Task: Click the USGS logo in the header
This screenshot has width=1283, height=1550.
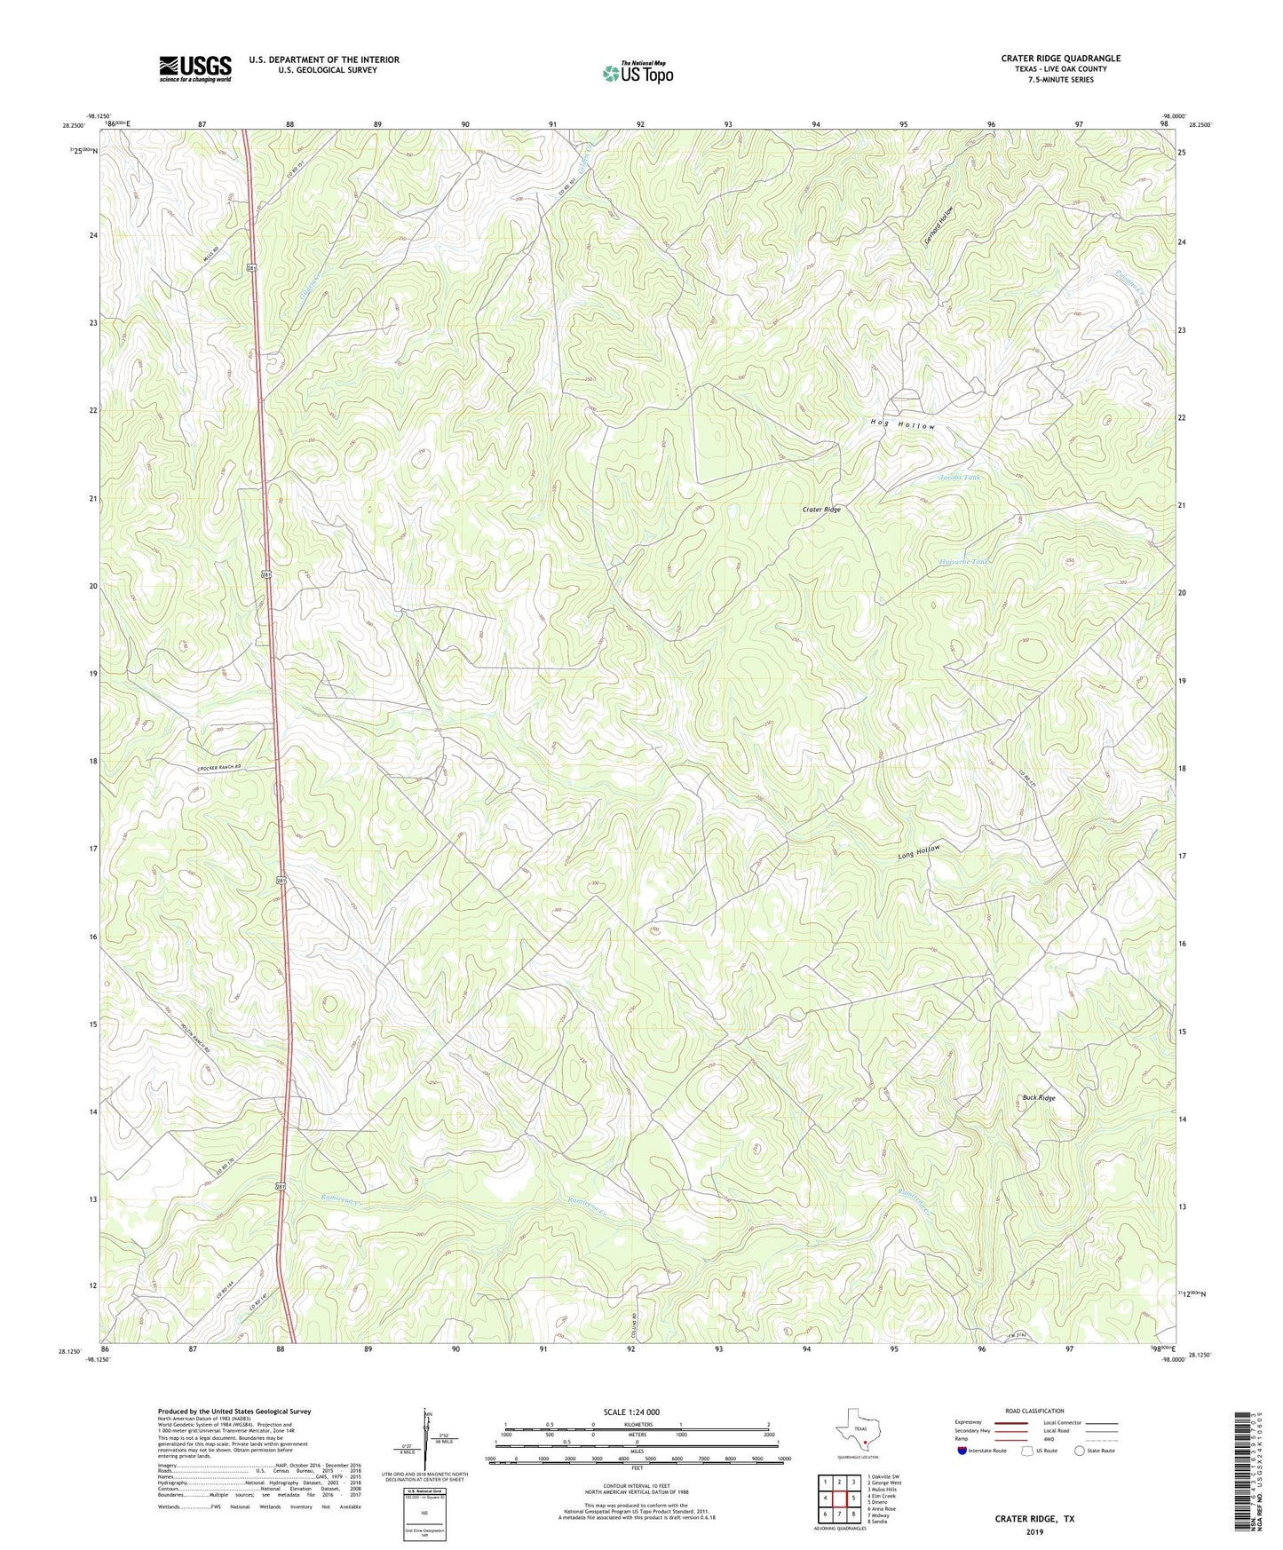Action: pyautogui.click(x=195, y=68)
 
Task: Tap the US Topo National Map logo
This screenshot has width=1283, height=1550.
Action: pyautogui.click(x=638, y=73)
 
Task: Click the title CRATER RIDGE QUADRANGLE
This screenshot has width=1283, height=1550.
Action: pyautogui.click(x=1060, y=59)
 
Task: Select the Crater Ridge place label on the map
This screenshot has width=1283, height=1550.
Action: pyautogui.click(x=820, y=510)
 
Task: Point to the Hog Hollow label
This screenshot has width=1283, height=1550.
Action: pyautogui.click(x=902, y=426)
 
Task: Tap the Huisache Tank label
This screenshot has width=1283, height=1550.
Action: pyautogui.click(x=962, y=562)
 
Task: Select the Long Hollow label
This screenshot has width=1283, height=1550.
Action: pyautogui.click(x=918, y=852)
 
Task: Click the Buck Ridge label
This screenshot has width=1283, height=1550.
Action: pyautogui.click(x=1038, y=1098)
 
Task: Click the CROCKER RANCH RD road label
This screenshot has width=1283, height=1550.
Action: pyautogui.click(x=219, y=767)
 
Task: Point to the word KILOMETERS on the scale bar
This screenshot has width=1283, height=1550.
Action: pyautogui.click(x=637, y=1424)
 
